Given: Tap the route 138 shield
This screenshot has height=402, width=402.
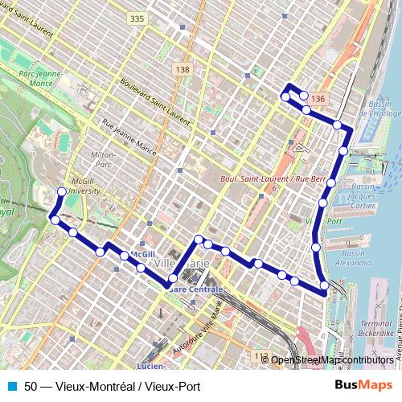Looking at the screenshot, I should pos(183,70).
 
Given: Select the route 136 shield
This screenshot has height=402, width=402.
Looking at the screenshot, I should pos(319,98).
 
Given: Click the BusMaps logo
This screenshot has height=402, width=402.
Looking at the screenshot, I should pos(364,385).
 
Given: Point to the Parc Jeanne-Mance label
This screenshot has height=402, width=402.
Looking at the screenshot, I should pos(40,78).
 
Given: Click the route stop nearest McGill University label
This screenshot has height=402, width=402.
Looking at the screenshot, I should pos(62,191).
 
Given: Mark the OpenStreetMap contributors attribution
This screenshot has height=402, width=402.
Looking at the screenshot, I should pos(333,359).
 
